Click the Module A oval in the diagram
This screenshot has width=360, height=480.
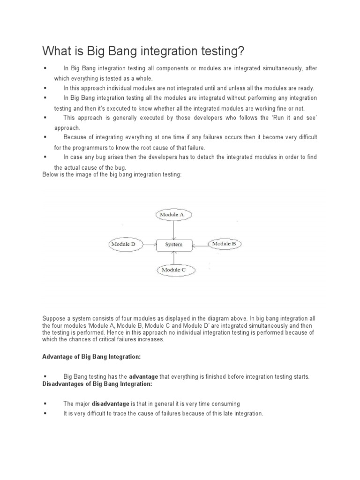(173, 215)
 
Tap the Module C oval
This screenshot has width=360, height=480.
(173, 270)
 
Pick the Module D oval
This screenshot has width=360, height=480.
(123, 244)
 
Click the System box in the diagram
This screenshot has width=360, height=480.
(173, 244)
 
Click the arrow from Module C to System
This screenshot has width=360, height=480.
(173, 257)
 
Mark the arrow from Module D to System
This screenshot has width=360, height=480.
(149, 244)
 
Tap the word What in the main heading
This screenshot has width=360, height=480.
(57, 50)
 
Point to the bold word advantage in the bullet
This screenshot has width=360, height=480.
(143, 377)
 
